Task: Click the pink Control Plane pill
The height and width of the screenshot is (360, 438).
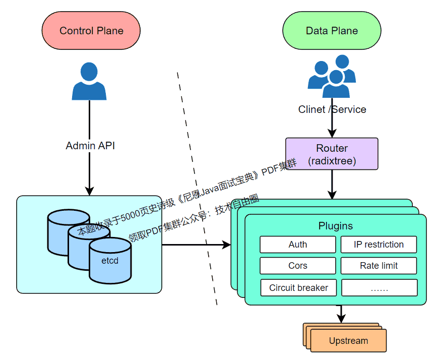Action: click(x=91, y=31)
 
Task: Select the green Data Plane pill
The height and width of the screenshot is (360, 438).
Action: click(x=332, y=31)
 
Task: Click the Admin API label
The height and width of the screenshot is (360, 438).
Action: click(x=90, y=146)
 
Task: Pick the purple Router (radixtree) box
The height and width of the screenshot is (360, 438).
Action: click(x=332, y=154)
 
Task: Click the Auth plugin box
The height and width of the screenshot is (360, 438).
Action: click(x=297, y=245)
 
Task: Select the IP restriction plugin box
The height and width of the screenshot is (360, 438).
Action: click(x=379, y=245)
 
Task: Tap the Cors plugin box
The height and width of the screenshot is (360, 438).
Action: click(x=297, y=266)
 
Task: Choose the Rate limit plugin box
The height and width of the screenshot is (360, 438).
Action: click(x=379, y=266)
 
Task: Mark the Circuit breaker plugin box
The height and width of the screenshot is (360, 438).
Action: click(x=298, y=288)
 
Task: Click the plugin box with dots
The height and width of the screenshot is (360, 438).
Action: click(x=379, y=288)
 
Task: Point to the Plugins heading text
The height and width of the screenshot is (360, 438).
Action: click(x=336, y=226)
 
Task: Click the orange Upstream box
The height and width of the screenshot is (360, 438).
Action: click(x=348, y=341)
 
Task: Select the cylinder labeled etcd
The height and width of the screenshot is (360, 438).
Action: click(x=110, y=260)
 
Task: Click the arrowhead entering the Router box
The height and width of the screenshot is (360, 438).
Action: click(x=332, y=134)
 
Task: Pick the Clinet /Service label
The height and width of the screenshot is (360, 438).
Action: click(x=332, y=109)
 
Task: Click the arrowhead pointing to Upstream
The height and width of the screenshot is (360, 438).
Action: click(x=341, y=319)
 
